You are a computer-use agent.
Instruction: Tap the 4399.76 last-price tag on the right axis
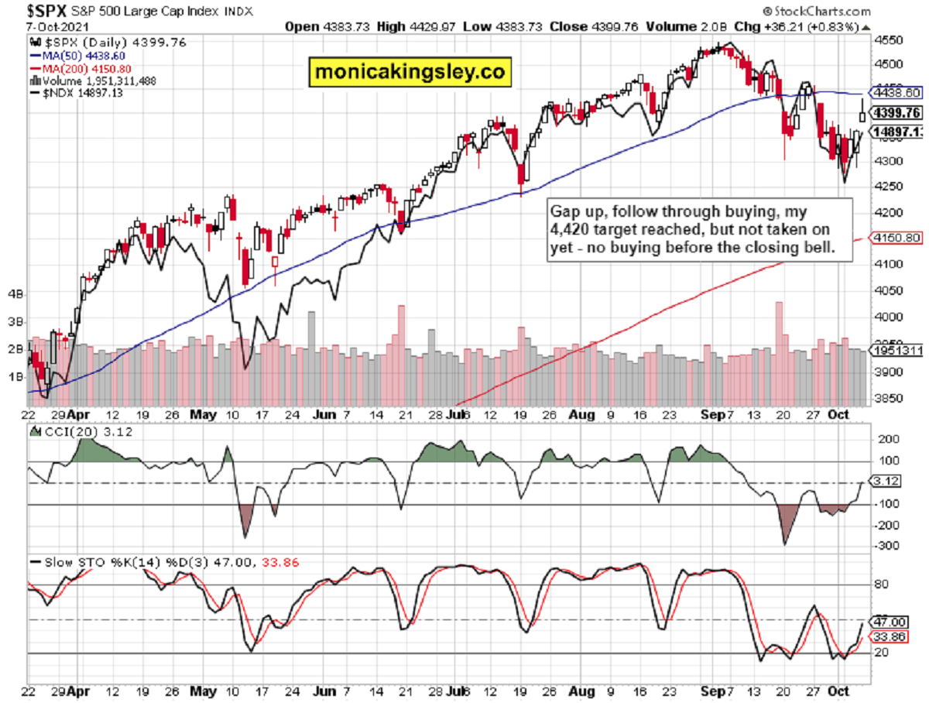click(x=895, y=112)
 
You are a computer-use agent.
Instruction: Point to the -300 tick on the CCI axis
click(x=885, y=546)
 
